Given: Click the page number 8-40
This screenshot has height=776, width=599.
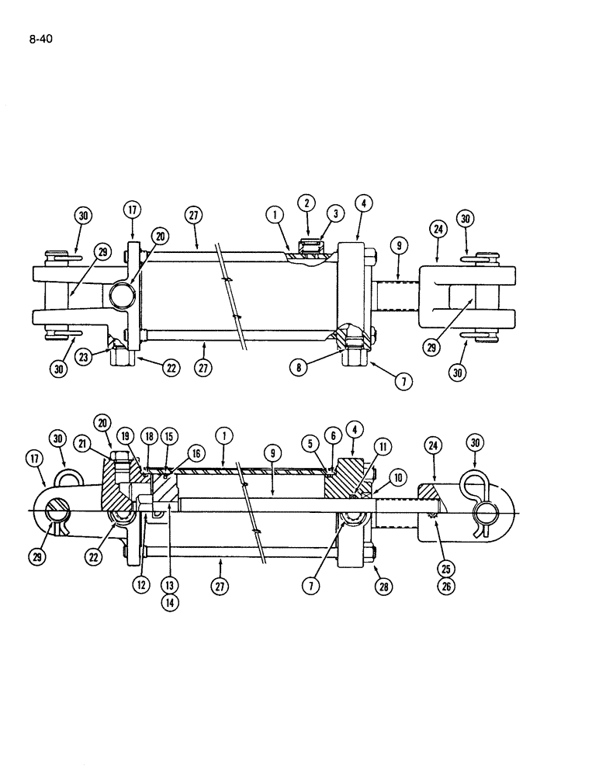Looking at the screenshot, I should click(40, 37).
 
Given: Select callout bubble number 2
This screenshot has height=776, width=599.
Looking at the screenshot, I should click(306, 203).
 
